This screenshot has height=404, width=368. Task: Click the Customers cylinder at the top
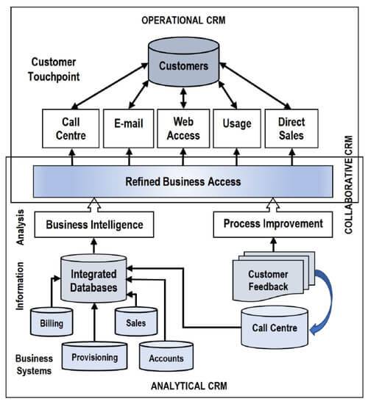[x=183, y=62]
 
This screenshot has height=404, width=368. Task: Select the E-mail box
[x=129, y=129]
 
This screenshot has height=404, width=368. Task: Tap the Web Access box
[x=183, y=129]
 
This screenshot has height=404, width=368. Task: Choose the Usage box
[x=237, y=129]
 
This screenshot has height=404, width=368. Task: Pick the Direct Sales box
[x=291, y=129]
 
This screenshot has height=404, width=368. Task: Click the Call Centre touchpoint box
[x=71, y=129]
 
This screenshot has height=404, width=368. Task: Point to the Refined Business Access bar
[x=183, y=181]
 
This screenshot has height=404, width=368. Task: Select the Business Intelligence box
[x=94, y=225]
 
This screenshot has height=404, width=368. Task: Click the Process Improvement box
[x=273, y=225]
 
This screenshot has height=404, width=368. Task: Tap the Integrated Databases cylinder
[x=93, y=278]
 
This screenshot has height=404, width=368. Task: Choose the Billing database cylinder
[x=52, y=322]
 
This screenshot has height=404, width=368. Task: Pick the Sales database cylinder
[x=136, y=322]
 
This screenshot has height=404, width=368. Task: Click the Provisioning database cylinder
[x=94, y=356]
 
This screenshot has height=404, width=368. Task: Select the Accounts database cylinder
[x=166, y=356]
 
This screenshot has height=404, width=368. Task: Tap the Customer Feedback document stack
[x=274, y=277]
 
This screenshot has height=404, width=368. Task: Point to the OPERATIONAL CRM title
[x=183, y=21]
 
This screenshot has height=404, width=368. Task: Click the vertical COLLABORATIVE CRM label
[x=349, y=184]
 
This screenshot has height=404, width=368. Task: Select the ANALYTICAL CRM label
[x=189, y=386]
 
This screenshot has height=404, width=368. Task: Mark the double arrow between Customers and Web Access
[x=183, y=98]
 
